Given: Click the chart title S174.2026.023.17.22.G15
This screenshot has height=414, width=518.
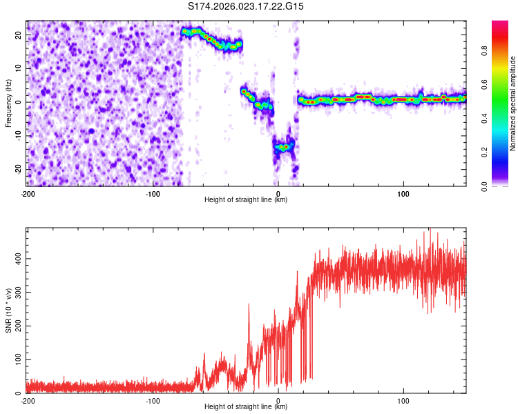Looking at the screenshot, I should point(247,6).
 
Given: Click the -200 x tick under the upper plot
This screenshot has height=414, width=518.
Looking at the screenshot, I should point(28,192).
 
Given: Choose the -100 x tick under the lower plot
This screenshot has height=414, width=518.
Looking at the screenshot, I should point(153,400).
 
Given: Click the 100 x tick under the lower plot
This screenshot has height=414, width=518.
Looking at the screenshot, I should point(403,400).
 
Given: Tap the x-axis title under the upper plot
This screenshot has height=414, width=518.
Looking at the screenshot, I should point(247,199).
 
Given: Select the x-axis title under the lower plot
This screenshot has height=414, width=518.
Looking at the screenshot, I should point(247,407).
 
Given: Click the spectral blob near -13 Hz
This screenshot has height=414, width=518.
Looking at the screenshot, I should point(283,146).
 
